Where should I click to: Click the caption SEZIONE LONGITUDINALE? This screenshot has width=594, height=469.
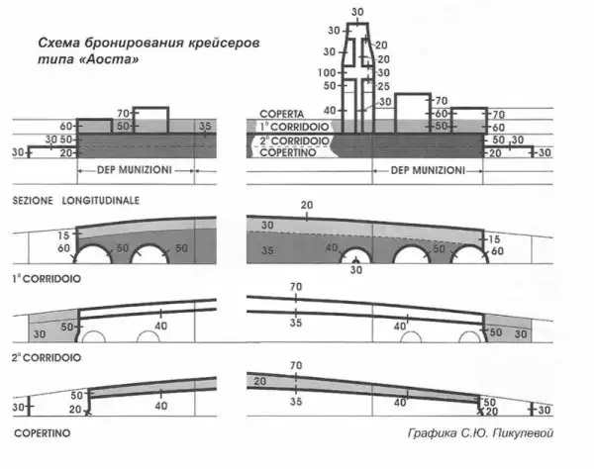coord(76,200)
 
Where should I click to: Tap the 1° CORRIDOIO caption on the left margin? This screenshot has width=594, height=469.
coord(47,279)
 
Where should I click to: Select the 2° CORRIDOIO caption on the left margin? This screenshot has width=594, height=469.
coord(47,358)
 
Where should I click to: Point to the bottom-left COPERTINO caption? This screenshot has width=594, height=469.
coord(43,433)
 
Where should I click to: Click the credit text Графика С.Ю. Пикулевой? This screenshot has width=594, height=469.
coord(480,433)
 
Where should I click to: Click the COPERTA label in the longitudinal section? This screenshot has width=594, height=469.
coord(281,114)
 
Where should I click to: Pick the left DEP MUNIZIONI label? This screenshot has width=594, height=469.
coord(135,170)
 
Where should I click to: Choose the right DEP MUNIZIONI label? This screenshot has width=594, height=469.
coord(428,170)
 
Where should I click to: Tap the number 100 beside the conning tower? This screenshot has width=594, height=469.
coord(327,72)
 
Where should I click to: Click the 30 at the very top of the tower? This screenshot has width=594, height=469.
coord(357,12)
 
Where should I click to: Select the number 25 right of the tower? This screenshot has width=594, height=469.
coord(383,87)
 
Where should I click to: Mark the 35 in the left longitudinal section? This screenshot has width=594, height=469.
coord(205,126)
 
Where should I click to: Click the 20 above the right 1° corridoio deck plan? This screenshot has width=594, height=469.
coord(307,205)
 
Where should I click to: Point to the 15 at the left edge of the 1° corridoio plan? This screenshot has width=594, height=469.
coord(63,235)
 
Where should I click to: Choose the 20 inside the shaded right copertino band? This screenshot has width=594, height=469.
coord(259,381)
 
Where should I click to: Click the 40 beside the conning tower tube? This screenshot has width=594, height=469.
coord(330,111)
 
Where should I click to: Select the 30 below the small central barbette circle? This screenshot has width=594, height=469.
coord(356,270)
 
